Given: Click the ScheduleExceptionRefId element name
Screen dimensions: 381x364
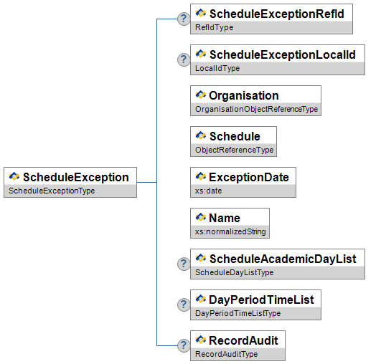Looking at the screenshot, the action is tap(277, 14).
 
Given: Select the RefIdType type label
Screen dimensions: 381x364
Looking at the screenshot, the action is tap(214, 27).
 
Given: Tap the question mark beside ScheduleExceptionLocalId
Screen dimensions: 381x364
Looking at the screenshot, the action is tap(184, 59).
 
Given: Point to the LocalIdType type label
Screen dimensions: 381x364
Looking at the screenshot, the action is tap(217, 68).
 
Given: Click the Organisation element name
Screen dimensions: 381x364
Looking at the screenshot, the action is tap(244, 95).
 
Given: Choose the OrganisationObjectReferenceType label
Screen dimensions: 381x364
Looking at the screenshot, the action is tap(257, 109).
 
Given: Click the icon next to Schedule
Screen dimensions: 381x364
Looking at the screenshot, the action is tap(201, 135).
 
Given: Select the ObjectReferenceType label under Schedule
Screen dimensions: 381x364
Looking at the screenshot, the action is tap(234, 150).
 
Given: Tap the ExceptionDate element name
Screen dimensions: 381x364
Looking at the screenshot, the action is tap(249, 177).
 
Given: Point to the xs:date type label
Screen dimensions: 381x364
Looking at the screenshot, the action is tap(209, 191).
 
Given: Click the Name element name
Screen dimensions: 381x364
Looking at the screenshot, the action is tap(225, 218).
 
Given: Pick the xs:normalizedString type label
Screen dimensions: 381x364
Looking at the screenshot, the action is tap(230, 231).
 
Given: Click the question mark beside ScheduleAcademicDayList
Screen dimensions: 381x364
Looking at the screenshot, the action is tap(184, 264).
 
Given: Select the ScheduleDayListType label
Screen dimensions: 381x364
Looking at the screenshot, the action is tap(234, 272).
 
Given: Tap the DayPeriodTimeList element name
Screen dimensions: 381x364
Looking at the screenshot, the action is tap(261, 300).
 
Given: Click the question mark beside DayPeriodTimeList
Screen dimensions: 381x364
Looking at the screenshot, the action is tap(184, 305).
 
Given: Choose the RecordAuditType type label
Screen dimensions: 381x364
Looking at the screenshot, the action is tap(226, 354).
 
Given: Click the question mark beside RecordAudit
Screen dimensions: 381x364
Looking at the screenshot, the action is tap(184, 345).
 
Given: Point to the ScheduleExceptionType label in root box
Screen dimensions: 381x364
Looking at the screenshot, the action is tap(52, 191).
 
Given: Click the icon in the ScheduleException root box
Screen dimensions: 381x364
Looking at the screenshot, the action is tap(14, 176).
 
